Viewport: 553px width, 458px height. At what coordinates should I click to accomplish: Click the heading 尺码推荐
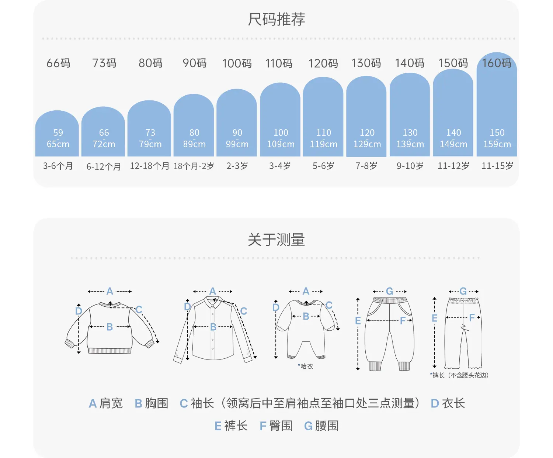pos(276,19)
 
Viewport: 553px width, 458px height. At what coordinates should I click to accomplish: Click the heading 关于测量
pos(276,240)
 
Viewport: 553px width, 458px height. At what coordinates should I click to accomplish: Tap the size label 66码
pos(59,63)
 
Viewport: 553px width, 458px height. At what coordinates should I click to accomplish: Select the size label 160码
pos(497,63)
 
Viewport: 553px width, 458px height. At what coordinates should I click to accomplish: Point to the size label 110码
pos(279,63)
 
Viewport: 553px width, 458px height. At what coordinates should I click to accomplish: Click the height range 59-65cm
pos(58,138)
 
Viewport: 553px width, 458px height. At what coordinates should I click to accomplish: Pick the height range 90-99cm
pos(237,138)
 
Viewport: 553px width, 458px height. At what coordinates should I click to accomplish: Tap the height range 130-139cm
pos(410,138)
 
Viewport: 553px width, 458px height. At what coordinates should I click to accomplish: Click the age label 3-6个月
pos(58,166)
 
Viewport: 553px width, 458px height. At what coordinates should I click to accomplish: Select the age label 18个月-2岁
pos(194,166)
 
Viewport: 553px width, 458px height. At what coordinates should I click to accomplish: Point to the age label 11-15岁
pos(497,166)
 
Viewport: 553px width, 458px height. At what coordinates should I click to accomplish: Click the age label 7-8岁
pos(366,166)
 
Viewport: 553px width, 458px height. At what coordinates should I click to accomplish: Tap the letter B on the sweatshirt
pos(109,327)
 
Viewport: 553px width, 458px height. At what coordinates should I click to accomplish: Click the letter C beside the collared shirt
pos(244,311)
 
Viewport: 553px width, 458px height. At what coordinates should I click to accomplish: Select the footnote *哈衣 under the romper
pos(305,366)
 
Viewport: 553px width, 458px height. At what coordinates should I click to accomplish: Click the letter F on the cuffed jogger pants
pos(403,321)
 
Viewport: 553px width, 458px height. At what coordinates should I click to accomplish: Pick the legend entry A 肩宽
pos(106,403)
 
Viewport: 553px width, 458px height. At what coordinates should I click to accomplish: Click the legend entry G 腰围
pos(321,426)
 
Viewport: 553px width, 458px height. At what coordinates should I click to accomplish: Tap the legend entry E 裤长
pos(231,426)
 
